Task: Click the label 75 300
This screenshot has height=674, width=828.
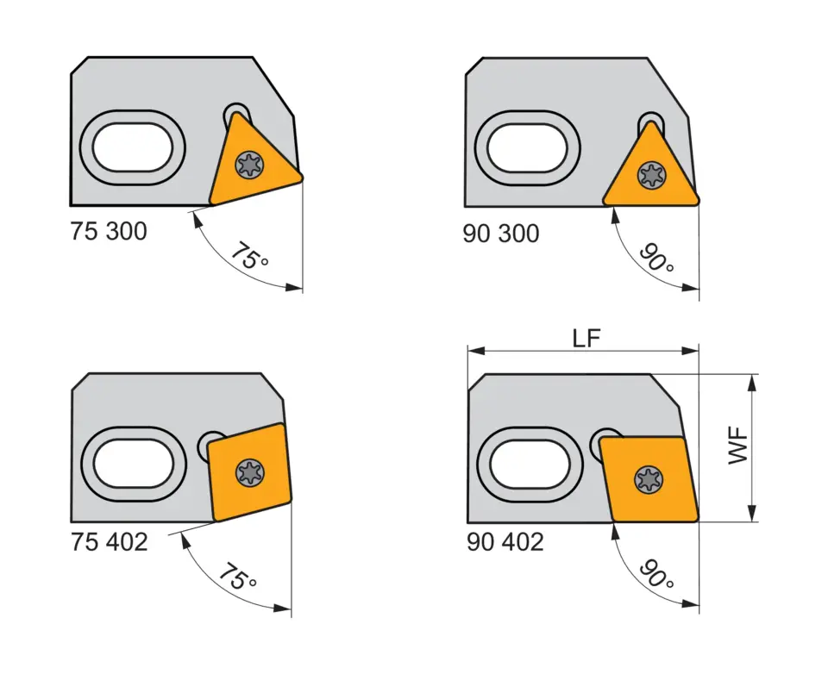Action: [109, 232]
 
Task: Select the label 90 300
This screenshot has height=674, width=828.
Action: [500, 234]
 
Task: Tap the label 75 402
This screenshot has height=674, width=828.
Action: [109, 542]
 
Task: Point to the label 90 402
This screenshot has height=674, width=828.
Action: [505, 542]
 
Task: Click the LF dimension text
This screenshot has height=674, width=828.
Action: [587, 339]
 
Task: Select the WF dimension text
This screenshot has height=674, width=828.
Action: [739, 447]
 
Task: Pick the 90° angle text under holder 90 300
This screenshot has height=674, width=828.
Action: [656, 257]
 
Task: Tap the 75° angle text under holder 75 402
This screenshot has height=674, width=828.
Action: [236, 577]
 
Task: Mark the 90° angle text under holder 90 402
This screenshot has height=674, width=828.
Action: [656, 573]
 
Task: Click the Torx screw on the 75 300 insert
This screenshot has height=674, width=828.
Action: [250, 163]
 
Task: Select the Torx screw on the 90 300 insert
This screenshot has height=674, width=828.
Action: [650, 176]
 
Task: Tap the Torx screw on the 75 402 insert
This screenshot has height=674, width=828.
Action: [249, 471]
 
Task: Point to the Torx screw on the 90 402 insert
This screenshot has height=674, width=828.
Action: [648, 478]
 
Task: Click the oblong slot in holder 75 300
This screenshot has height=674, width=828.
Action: [134, 147]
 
